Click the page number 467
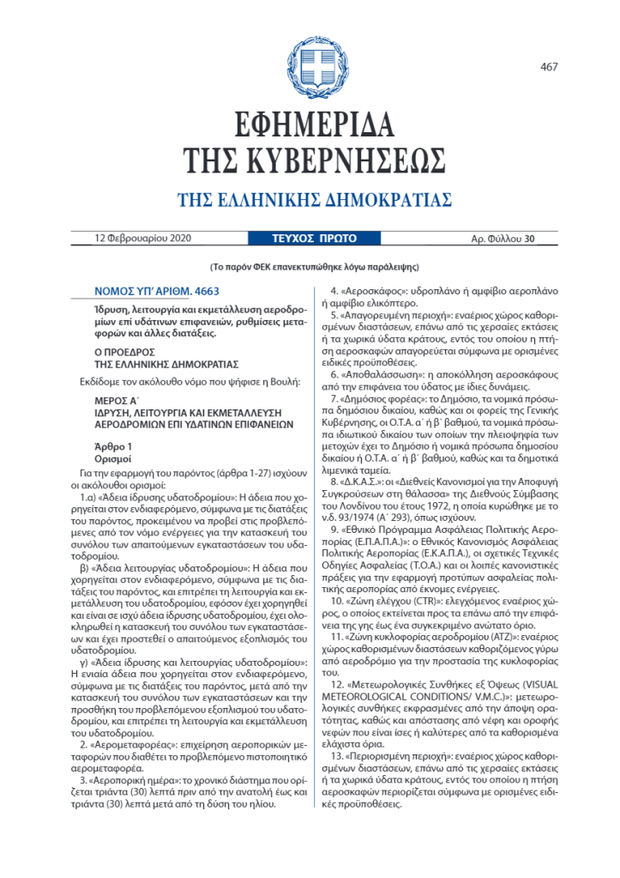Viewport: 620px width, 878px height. point(549,68)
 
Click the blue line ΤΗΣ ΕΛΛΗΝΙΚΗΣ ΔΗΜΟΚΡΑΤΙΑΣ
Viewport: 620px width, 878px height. point(314,200)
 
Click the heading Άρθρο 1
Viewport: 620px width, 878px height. point(113,447)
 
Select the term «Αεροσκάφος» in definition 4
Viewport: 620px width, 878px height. point(374,291)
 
